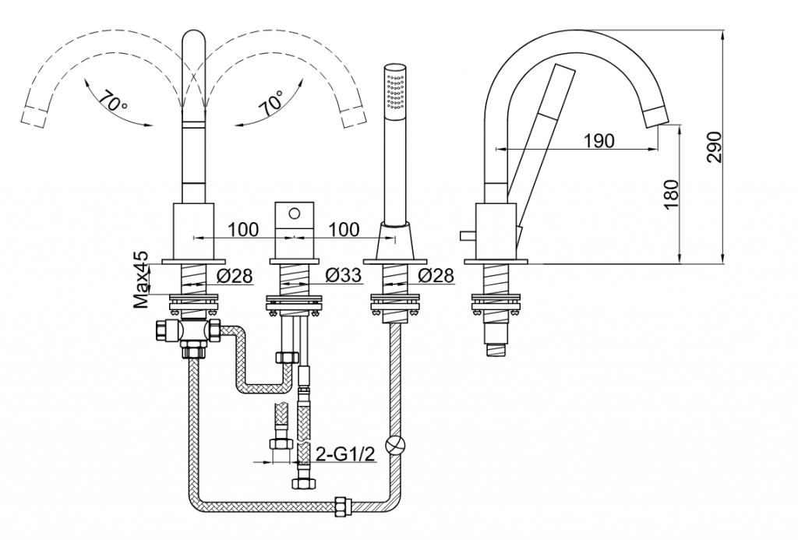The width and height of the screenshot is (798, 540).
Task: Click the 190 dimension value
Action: pos(598,140)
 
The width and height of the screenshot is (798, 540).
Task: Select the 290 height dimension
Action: pos(715,146)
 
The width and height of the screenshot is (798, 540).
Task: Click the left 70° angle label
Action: pos(114,101)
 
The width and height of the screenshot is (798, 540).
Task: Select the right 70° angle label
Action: pos(273,101)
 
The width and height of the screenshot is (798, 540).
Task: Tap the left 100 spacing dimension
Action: pos(243,229)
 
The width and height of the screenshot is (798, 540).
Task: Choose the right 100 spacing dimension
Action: pos(344,229)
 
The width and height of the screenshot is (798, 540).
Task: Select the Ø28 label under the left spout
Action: pos(233,275)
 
